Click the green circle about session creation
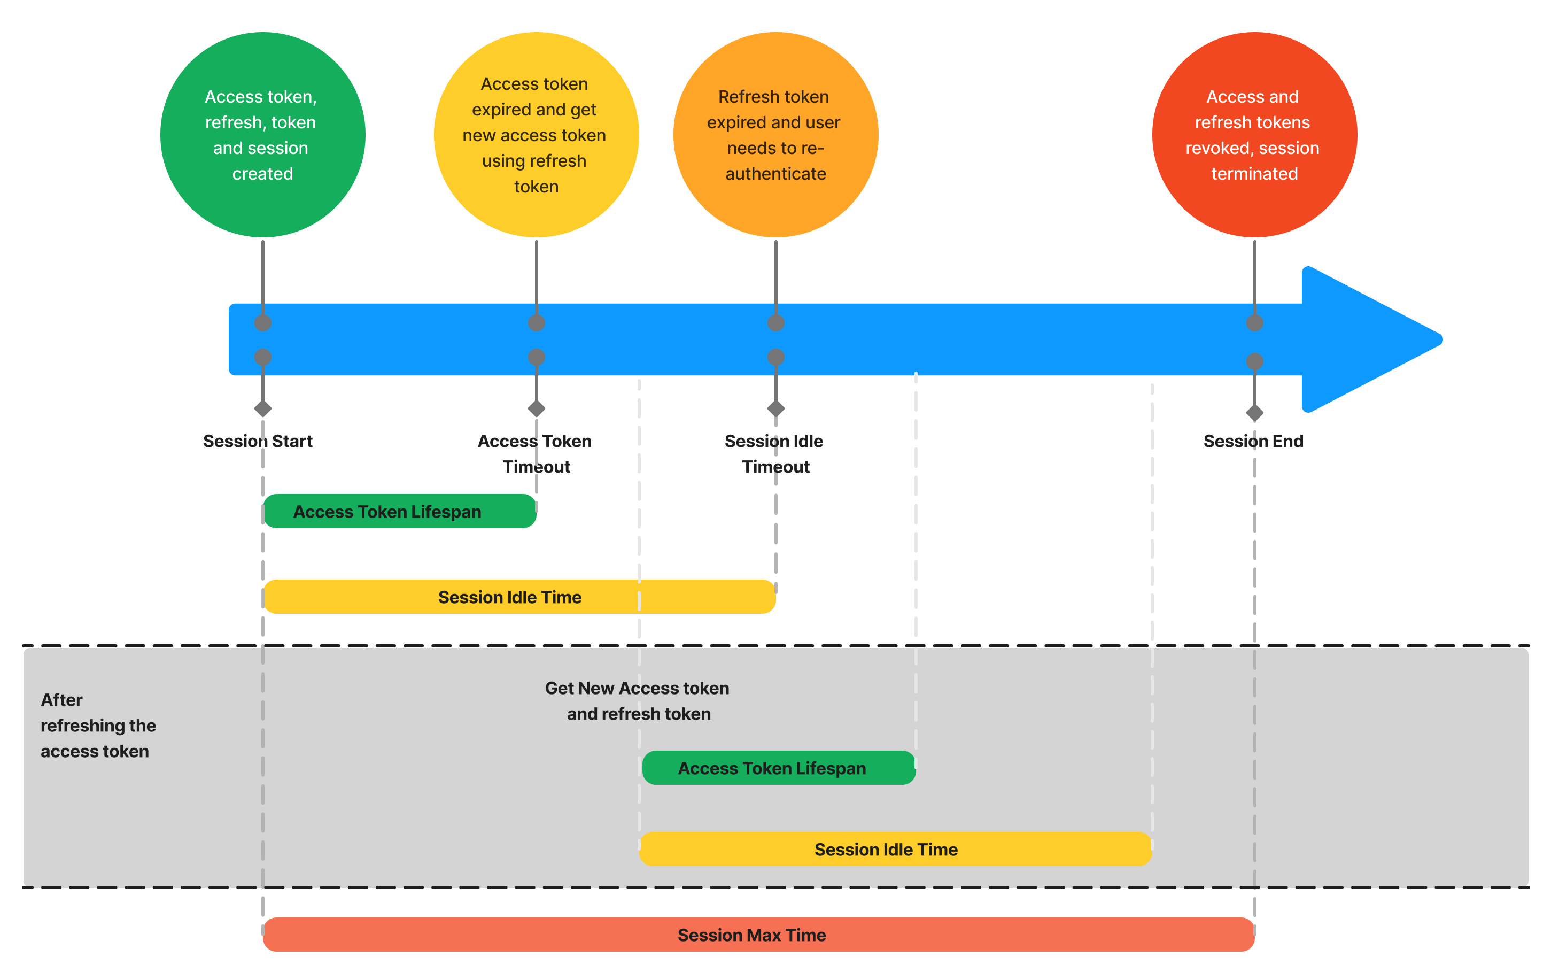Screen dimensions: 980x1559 point(262,135)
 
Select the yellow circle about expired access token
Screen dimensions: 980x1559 point(536,135)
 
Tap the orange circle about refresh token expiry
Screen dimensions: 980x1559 point(775,135)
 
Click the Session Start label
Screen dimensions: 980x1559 point(258,441)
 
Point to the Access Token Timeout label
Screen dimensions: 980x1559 point(535,453)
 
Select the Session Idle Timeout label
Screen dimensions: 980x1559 point(774,453)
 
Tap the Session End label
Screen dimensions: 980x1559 point(1253,441)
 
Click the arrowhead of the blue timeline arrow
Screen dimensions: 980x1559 point(1366,339)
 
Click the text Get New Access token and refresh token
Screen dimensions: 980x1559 point(637,701)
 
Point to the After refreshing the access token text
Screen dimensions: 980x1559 point(98,726)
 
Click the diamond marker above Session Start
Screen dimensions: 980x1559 point(263,408)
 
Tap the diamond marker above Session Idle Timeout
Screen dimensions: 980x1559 point(775,408)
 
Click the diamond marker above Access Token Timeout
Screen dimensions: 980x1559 point(536,408)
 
